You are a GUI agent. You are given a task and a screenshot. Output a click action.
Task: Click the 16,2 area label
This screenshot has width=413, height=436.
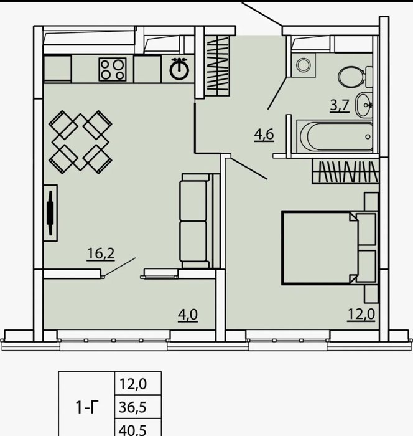pyautogui.click(x=101, y=254)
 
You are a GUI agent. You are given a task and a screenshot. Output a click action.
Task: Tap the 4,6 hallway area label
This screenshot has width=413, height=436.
pyautogui.click(x=264, y=135)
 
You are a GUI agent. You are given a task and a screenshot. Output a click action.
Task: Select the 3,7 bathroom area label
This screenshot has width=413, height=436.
pyautogui.click(x=340, y=105)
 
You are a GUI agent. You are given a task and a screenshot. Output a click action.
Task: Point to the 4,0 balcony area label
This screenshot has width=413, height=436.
pyautogui.click(x=188, y=315)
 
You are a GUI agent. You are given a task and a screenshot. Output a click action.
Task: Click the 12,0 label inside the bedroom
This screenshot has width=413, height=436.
pyautogui.click(x=361, y=315)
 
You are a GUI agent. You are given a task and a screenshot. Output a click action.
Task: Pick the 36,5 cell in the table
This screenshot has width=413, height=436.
pyautogui.click(x=132, y=407)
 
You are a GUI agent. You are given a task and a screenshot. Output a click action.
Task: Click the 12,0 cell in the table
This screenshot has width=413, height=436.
pyautogui.click(x=132, y=384)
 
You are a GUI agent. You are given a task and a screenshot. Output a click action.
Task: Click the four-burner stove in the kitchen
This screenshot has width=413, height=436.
pyautogui.click(x=113, y=69)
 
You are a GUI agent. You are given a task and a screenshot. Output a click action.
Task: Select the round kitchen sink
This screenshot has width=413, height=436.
pyautogui.click(x=179, y=69)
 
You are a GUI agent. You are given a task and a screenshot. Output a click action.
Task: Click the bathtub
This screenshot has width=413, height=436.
pyautogui.click(x=335, y=136)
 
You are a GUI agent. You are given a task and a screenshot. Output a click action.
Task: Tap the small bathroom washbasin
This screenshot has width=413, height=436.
pyautogui.click(x=364, y=105)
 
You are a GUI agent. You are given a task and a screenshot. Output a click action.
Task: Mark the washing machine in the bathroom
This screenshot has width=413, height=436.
pyautogui.click(x=304, y=65)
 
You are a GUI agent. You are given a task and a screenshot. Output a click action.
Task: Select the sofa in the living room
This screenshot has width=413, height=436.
pyautogui.click(x=200, y=220)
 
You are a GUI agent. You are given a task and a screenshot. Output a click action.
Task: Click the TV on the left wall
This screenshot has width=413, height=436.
pyautogui.click(x=50, y=213)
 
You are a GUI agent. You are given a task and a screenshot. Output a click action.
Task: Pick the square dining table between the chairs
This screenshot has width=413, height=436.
pyautogui.click(x=80, y=142)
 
